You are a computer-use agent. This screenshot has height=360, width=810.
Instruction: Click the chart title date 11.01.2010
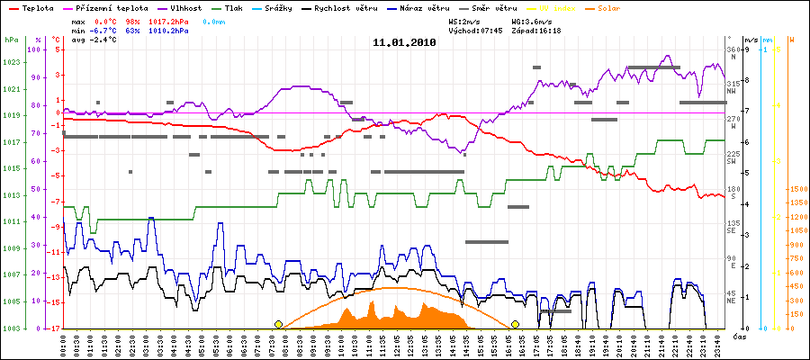coord(404,42)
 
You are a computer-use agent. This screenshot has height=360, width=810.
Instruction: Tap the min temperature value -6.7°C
coord(106,30)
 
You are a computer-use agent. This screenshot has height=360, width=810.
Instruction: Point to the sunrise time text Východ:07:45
coord(476,30)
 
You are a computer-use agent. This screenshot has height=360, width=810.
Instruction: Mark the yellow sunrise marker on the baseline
coord(278,324)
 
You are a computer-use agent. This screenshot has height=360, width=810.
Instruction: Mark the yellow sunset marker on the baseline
coord(516,324)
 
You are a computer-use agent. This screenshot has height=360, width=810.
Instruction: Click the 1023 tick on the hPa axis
coord(12,63)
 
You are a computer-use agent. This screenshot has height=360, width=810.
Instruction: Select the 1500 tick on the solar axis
coord(796,190)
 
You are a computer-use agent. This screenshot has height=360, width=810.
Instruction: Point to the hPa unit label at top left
coord(11,40)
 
